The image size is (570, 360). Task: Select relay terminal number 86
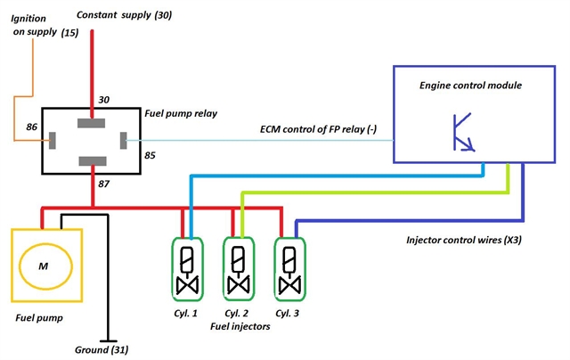pos(31,128)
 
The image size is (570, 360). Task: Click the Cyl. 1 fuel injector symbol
pos(187,269)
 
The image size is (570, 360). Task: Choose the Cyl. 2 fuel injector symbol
pos(238,269)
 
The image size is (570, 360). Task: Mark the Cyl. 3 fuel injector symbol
pos(288,269)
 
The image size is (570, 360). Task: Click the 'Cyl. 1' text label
pos(186,315)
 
